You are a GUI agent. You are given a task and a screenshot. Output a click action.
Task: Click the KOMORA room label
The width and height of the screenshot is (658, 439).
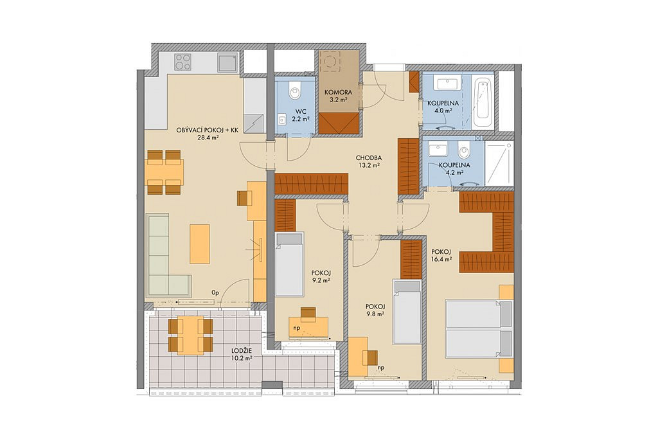(x=338, y=93)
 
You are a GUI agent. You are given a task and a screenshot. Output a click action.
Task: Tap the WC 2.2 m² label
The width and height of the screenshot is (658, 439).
(x=301, y=114)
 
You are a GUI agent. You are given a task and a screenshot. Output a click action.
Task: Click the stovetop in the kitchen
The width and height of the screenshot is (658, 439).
(x=183, y=62)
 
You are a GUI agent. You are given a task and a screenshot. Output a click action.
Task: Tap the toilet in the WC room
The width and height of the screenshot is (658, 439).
(x=296, y=89)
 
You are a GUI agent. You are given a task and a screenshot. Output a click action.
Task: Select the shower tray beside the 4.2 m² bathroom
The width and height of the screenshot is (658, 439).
(x=499, y=163)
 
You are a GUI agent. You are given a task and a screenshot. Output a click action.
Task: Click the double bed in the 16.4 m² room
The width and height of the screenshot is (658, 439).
(x=479, y=328)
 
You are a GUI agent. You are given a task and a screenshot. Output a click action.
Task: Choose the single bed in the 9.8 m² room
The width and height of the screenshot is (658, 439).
(x=407, y=312)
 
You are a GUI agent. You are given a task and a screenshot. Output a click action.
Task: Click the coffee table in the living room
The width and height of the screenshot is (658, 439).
(x=200, y=244)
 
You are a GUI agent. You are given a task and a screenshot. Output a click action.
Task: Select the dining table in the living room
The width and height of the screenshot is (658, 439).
(x=164, y=172)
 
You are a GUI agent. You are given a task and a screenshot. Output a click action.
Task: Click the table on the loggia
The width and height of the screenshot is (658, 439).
(x=191, y=336)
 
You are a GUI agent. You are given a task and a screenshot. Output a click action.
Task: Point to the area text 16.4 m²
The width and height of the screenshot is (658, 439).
(x=441, y=260)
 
